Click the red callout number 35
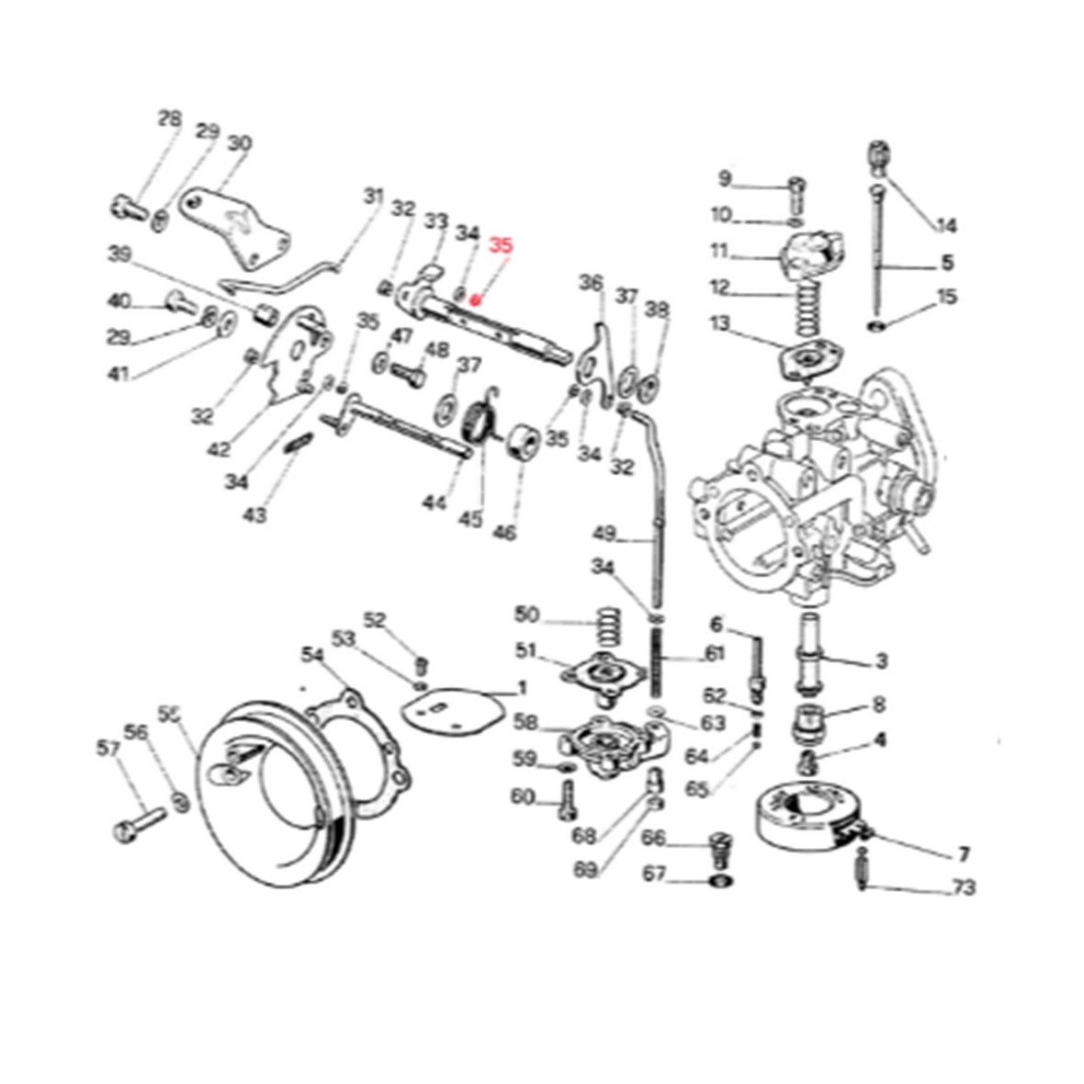502,245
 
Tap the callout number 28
169,119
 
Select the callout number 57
107,750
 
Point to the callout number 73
964,888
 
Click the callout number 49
604,533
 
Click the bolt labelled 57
139,822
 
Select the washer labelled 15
879,325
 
